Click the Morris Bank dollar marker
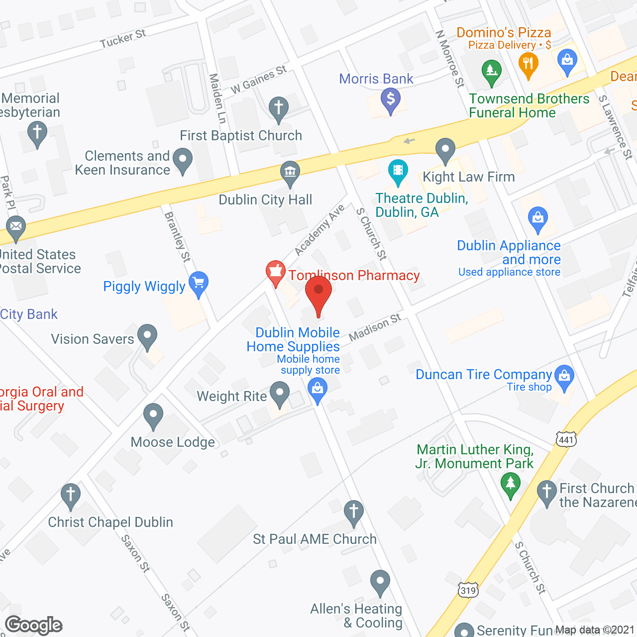[x=391, y=99]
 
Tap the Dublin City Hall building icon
[x=290, y=173]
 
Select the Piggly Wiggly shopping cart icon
[x=199, y=284]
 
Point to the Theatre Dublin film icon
[x=398, y=171]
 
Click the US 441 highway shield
[x=566, y=439]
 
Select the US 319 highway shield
[x=468, y=590]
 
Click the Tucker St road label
[x=123, y=39]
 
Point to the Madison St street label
[x=375, y=327]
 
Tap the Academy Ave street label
[x=319, y=230]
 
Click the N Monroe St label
[x=450, y=59]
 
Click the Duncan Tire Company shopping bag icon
[x=564, y=376]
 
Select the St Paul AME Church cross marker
[x=353, y=512]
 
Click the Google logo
[x=34, y=625]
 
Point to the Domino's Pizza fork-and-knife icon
[x=528, y=64]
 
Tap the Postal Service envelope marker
[x=16, y=227]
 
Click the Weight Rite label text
[x=232, y=397]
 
